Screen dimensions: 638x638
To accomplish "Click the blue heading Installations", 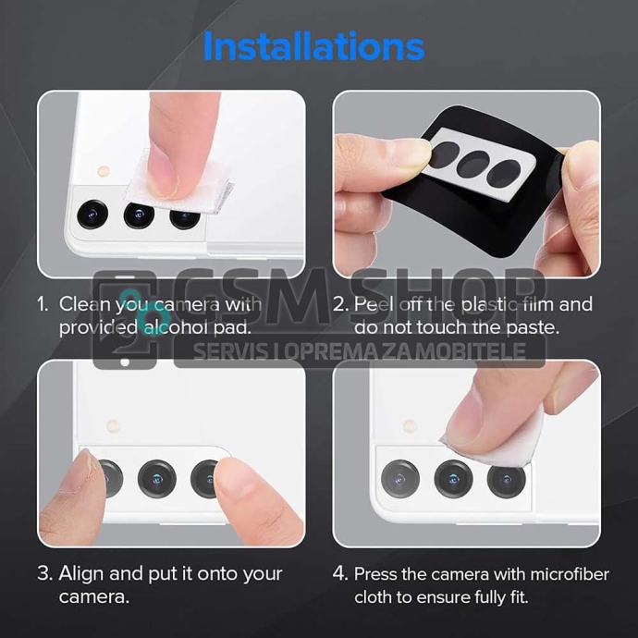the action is click(313, 46).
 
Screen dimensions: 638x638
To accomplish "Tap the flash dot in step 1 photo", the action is click(104, 171).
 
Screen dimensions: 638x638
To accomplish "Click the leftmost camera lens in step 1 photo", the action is click(92, 214).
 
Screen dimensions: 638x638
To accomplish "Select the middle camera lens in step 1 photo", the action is click(139, 215).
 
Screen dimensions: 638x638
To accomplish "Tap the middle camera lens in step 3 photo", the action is click(157, 479).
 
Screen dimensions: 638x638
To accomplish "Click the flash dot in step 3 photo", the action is click(113, 426).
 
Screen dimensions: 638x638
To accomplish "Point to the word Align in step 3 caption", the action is click(81, 574).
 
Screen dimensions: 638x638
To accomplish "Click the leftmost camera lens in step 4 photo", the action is click(400, 479).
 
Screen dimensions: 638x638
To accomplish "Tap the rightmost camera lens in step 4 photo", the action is click(506, 481).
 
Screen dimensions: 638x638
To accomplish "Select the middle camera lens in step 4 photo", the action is click(453, 479).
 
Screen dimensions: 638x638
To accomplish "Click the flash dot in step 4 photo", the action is click(410, 426).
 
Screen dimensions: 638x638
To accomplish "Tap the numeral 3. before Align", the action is click(44, 574).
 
